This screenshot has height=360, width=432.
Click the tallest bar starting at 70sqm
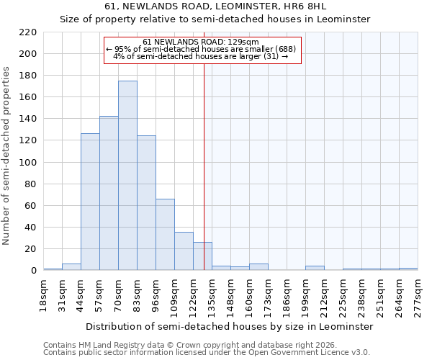pyautogui.click(x=127, y=176)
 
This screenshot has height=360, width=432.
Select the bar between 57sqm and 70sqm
pyautogui.click(x=109, y=193)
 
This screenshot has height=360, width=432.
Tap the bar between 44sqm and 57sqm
pyautogui.click(x=90, y=202)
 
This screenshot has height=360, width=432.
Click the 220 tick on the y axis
pyautogui.click(x=28, y=32)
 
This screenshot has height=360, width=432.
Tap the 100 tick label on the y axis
pyautogui.click(x=28, y=163)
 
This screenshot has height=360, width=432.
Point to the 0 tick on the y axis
pyautogui.click(x=33, y=271)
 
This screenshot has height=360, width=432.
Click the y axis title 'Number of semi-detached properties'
pyautogui.click(x=7, y=156)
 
